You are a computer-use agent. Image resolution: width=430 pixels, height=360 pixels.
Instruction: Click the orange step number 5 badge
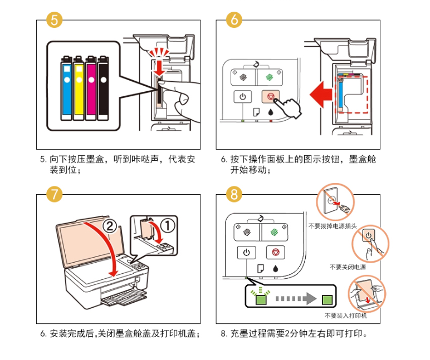click(x=54, y=20)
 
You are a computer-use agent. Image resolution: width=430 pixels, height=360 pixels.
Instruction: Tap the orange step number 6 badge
click(x=234, y=20)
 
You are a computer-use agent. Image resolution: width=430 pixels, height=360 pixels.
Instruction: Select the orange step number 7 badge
click(x=54, y=194)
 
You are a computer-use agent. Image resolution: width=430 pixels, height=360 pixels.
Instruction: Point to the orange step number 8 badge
click(x=234, y=194)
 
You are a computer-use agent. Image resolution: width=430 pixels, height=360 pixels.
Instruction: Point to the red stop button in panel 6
click(x=270, y=96)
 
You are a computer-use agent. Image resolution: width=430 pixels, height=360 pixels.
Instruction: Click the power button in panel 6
click(x=242, y=96)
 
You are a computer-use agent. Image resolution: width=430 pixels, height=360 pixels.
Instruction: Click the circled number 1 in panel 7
click(x=167, y=226)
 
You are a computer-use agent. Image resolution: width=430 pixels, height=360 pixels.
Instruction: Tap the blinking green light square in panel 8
click(x=260, y=300)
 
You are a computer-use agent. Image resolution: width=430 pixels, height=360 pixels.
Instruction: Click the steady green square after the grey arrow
click(x=327, y=299)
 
